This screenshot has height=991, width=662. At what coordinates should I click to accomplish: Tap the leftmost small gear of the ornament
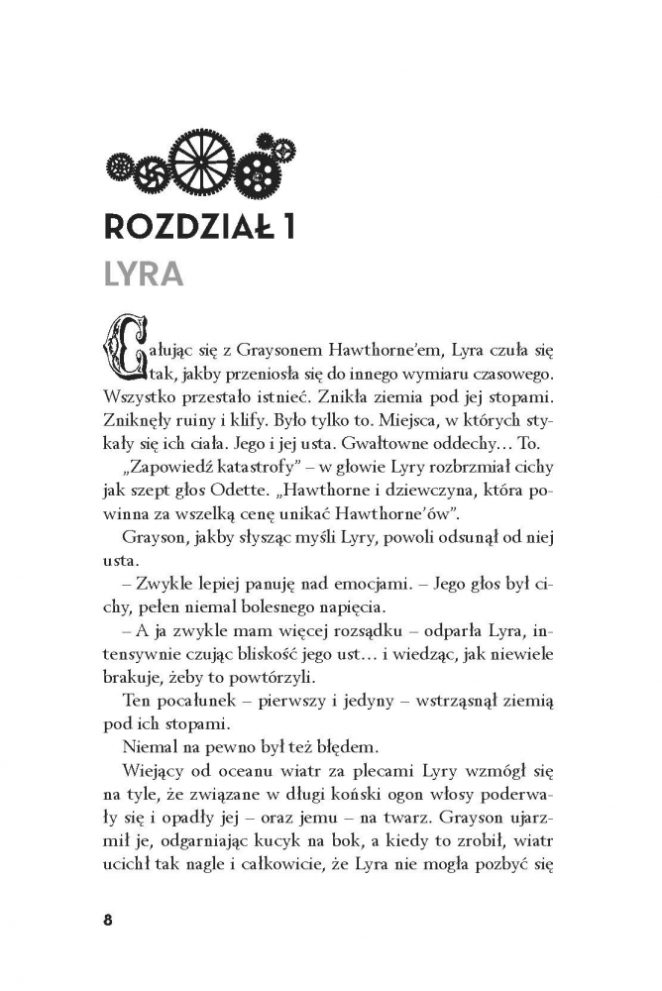pyautogui.click(x=121, y=163)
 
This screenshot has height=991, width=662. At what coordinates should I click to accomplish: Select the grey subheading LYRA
pyautogui.click(x=145, y=275)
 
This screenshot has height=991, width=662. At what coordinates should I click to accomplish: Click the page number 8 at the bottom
pyautogui.click(x=108, y=919)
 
